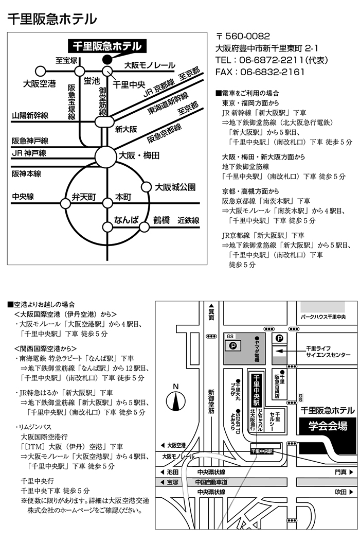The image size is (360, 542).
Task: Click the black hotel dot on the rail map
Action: tap(107, 58)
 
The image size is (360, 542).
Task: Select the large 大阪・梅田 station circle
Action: tap(106, 155)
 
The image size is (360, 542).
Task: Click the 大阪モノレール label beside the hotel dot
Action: tap(150, 66)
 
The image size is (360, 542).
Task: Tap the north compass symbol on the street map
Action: tap(176, 399)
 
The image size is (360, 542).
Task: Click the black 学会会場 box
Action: tap(328, 426)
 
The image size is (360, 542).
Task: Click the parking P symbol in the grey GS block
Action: tap(232, 346)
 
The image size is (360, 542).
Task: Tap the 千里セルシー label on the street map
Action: tap(277, 421)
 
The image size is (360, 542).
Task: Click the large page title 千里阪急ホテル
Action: tap(52, 19)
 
